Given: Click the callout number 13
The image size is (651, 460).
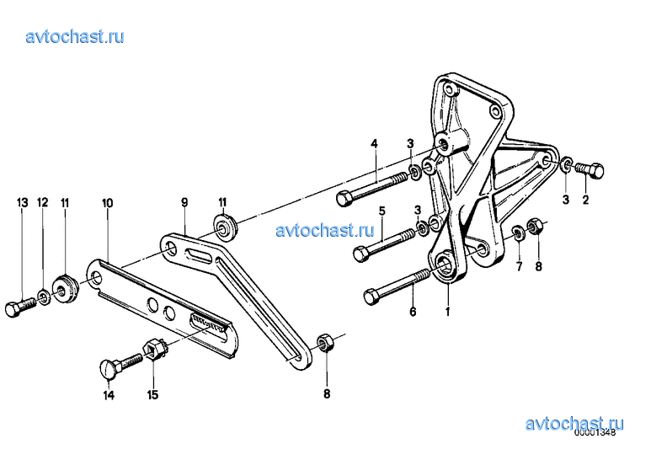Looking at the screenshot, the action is pyautogui.click(x=23, y=203).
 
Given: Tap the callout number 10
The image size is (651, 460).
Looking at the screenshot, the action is pyautogui.click(x=107, y=203).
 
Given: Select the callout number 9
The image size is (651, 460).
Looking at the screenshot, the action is pyautogui.click(x=184, y=202).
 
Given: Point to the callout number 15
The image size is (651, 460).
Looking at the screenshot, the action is pyautogui.click(x=152, y=394).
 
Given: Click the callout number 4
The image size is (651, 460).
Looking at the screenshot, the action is pyautogui.click(x=375, y=144).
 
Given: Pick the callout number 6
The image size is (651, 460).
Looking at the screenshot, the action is pyautogui.click(x=413, y=312).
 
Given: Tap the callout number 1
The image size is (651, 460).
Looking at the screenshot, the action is pyautogui.click(x=447, y=312).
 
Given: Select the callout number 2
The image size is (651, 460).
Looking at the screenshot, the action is pyautogui.click(x=585, y=200).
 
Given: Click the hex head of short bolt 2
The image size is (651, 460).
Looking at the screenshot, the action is pyautogui.click(x=595, y=171).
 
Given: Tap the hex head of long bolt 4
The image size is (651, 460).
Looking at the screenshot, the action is pyautogui.click(x=344, y=199).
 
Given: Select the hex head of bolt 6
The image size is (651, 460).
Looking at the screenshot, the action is pyautogui.click(x=371, y=297).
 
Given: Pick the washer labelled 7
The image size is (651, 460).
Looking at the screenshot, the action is pyautogui.click(x=518, y=233).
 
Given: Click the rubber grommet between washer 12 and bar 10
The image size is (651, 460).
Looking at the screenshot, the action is pyautogui.click(x=65, y=287).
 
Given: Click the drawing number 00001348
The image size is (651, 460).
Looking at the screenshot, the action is pyautogui.click(x=595, y=433).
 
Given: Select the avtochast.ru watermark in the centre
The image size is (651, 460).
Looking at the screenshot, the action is pyautogui.click(x=325, y=230).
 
